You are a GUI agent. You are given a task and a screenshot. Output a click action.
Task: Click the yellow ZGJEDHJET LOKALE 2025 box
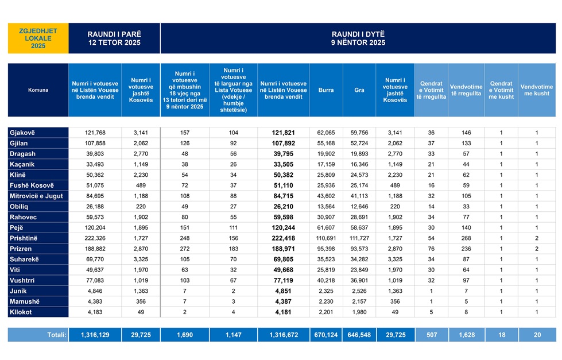pyautogui.click(x=38, y=38)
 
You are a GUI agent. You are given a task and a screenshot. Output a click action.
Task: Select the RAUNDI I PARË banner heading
pyautogui.click(x=114, y=38)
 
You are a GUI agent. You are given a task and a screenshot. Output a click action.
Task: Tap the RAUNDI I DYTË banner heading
pyautogui.click(x=358, y=38)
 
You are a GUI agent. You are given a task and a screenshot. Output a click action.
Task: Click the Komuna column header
pyautogui.click(x=38, y=90)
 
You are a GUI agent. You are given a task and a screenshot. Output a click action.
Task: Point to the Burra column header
pyautogui.click(x=325, y=90)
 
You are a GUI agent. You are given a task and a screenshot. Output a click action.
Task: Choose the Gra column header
pyautogui.click(x=359, y=90)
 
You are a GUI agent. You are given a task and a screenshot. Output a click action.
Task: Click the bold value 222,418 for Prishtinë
pyautogui.click(x=283, y=237)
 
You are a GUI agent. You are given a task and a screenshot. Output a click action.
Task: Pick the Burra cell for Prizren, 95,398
pyautogui.click(x=325, y=248)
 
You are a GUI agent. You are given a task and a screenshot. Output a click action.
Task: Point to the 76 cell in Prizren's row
pyautogui.click(x=431, y=248)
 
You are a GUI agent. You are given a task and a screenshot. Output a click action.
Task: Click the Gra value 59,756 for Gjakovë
pyautogui.click(x=359, y=133)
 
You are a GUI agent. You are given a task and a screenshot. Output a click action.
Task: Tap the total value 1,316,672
pyautogui.click(x=283, y=334)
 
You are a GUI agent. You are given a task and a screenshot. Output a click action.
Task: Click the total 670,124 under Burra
pyautogui.click(x=325, y=334)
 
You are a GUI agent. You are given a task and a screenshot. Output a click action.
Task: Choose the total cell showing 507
pyautogui.click(x=431, y=334)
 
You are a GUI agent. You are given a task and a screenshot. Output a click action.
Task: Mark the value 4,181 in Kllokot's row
pyautogui.click(x=283, y=312)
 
